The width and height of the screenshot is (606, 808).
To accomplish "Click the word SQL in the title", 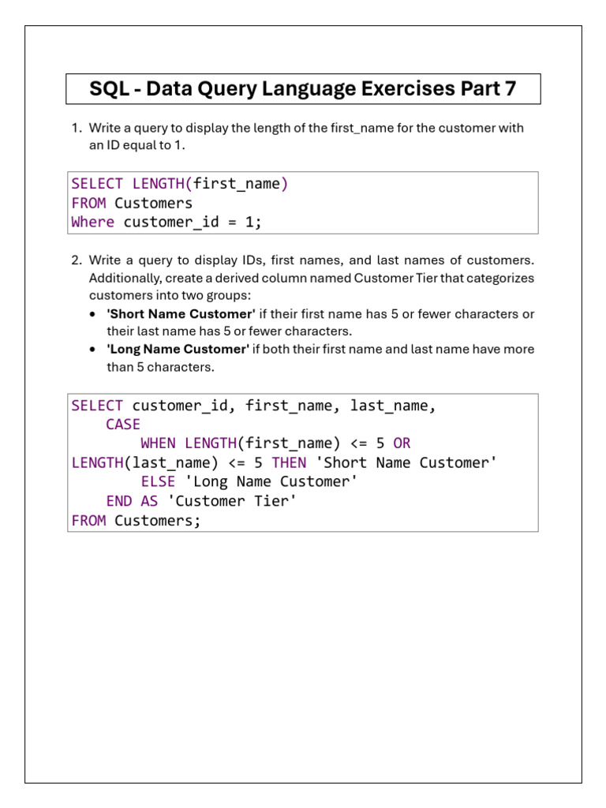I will click(x=107, y=89).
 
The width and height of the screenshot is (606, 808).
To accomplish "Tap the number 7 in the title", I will click(x=510, y=89).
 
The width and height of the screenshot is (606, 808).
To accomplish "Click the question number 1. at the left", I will click(x=77, y=128).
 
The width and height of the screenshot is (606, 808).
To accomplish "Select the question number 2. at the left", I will click(x=77, y=260).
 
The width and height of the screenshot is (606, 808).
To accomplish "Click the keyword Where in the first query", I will click(x=92, y=223).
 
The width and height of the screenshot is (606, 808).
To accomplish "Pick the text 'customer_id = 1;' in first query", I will click(x=192, y=223).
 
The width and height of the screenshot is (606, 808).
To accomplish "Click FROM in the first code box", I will click(x=88, y=204).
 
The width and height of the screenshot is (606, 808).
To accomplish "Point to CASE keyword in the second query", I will click(x=123, y=425).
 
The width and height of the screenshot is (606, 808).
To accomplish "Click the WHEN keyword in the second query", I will click(x=158, y=443).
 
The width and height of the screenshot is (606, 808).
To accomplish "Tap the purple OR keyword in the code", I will click(x=402, y=443).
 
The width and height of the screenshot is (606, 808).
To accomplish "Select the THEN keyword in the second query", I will click(x=289, y=462).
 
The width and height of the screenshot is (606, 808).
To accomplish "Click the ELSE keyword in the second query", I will click(x=158, y=481).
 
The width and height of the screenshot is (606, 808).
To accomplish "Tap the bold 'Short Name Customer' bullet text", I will click(x=181, y=314).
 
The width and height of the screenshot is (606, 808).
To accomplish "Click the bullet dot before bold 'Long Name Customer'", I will click(x=95, y=350).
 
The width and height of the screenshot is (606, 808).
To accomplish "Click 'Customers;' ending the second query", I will click(x=158, y=520).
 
